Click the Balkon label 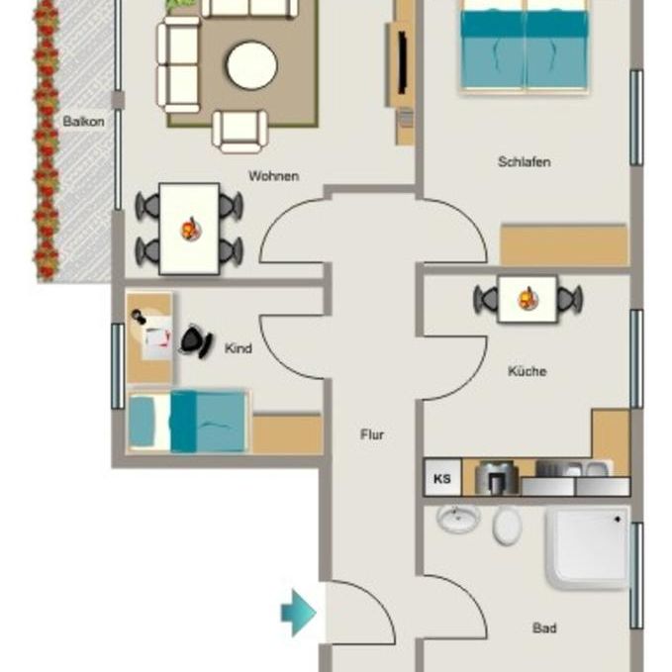tap(78, 122)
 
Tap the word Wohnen tap(273, 176)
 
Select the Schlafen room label tap(524, 161)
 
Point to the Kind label tap(238, 348)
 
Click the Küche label tap(527, 371)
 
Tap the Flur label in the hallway tap(371, 433)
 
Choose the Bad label tap(543, 627)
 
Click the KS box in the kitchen tap(441, 480)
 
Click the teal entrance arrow tap(298, 613)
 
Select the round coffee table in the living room tap(251, 65)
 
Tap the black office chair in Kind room tap(195, 341)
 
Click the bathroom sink tap(457, 519)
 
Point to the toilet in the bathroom tap(507, 525)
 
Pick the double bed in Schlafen tap(525, 45)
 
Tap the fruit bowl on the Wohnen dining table tap(189, 230)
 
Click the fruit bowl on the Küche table tap(527, 297)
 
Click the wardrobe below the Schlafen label tap(563, 245)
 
